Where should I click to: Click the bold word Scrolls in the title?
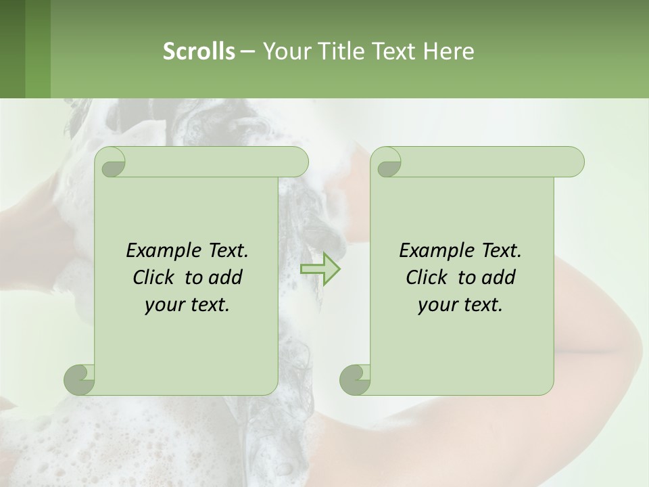pos(199,51)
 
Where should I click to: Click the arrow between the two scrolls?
pos(320,269)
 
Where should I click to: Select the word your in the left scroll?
pos(163,306)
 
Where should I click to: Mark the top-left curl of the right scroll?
pos(387,163)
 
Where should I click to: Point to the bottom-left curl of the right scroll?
pos(355,379)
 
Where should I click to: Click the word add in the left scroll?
pos(226,277)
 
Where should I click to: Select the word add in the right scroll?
pos(500,277)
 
